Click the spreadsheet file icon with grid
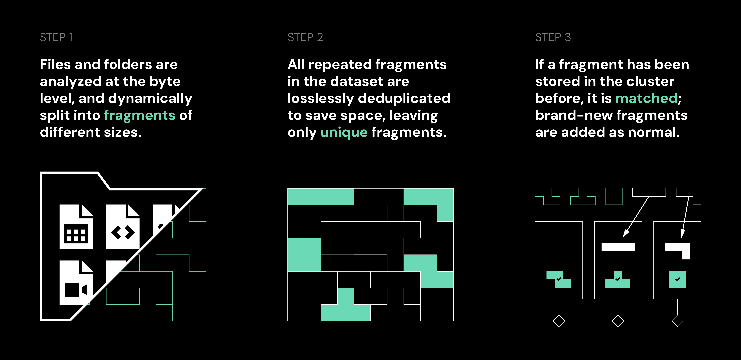tap(76, 227)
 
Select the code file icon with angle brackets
tap(123, 227)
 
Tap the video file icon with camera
tap(76, 283)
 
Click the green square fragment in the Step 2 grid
tap(304, 255)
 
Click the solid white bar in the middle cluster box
tap(618, 247)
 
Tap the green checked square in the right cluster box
tap(677, 279)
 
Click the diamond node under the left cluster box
tap(559, 321)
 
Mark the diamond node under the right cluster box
tap(677, 321)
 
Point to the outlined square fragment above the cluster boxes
tap(614, 196)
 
